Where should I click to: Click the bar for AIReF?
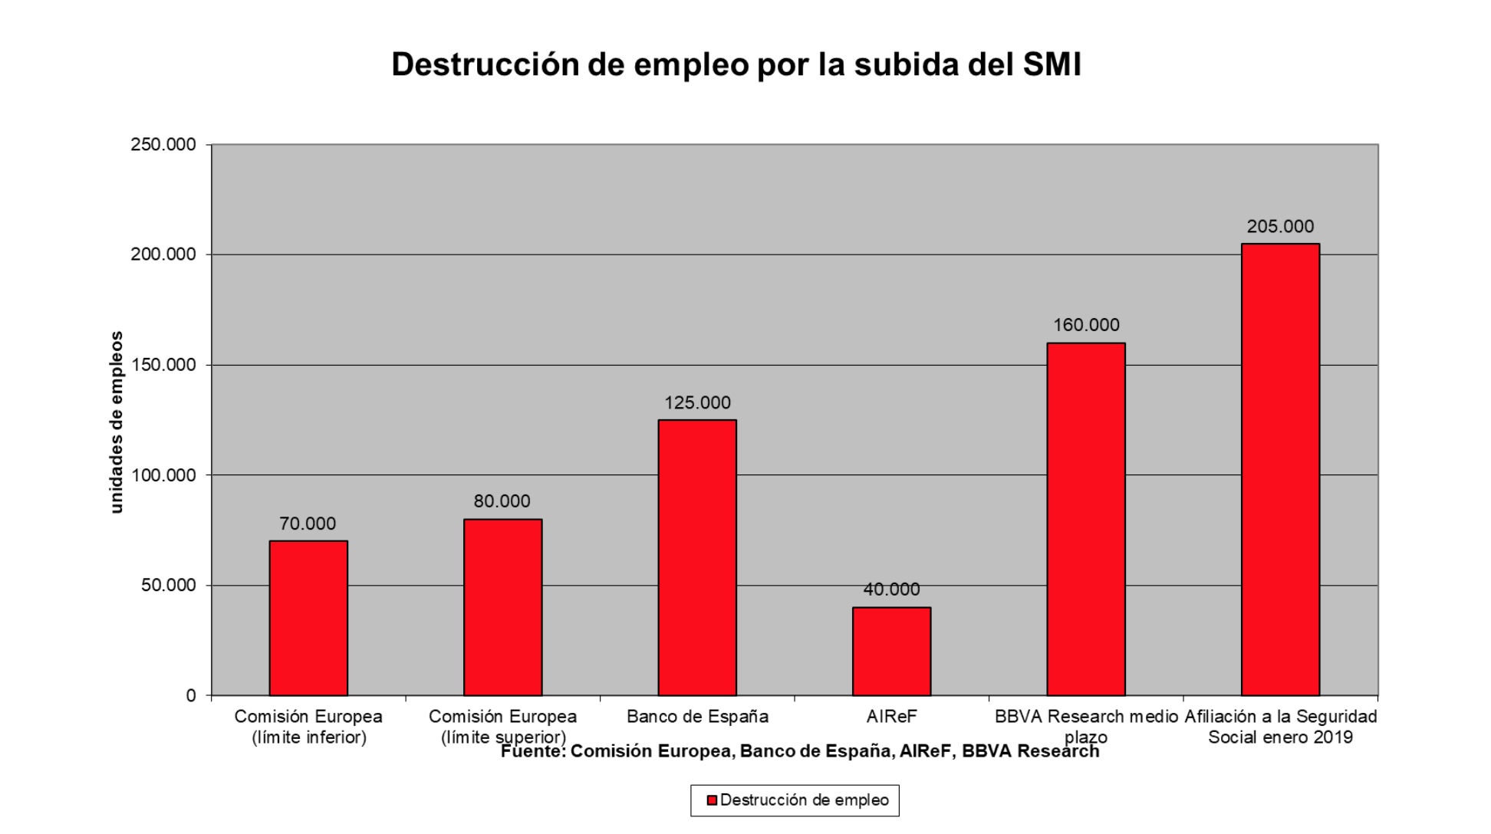tap(891, 652)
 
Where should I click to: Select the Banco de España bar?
tap(697, 557)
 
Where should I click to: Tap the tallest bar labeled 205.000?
tap(1280, 469)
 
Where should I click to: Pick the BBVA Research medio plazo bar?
tap(1085, 519)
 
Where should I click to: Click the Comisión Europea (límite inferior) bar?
tap(308, 618)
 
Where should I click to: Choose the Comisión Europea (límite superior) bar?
tap(502, 607)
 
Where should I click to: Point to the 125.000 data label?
tap(697, 402)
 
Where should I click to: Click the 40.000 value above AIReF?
tap(891, 589)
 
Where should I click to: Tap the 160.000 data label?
tap(1086, 325)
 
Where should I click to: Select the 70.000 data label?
tap(308, 524)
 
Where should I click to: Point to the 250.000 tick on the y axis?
tap(163, 145)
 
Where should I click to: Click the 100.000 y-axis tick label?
tap(163, 475)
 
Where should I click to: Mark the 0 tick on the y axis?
tap(191, 695)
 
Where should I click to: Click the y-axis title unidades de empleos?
tap(117, 422)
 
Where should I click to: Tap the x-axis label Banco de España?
tap(697, 717)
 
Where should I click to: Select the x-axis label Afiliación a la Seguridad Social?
tap(1280, 726)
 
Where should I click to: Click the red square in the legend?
tap(712, 800)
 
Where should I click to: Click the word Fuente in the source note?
tap(532, 752)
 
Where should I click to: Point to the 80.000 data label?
tap(502, 501)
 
